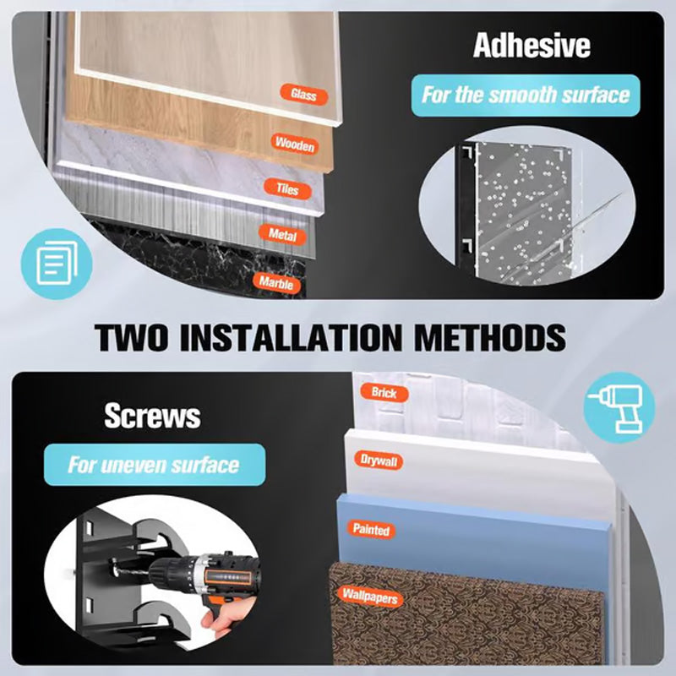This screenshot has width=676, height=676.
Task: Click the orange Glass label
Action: (x=304, y=94)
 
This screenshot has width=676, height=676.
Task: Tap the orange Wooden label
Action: (x=295, y=144)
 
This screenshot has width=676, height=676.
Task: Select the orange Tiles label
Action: (x=287, y=188)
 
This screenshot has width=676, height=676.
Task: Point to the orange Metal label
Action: (x=282, y=235)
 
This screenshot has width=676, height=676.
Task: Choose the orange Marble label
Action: (x=276, y=283)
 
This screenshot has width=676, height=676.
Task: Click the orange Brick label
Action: (x=384, y=393)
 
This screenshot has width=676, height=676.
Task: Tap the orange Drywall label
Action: (x=379, y=461)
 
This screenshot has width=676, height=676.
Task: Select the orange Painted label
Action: (x=371, y=530)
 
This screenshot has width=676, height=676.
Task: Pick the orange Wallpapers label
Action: (x=370, y=597)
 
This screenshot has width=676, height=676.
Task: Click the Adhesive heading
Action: (x=532, y=46)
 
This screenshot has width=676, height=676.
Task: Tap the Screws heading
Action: (x=152, y=416)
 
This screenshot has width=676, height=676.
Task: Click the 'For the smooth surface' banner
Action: (x=526, y=95)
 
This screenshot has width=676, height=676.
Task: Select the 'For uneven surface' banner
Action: (x=155, y=465)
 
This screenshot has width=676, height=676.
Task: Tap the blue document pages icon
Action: (x=57, y=264)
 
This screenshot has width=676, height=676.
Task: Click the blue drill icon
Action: (x=619, y=408)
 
